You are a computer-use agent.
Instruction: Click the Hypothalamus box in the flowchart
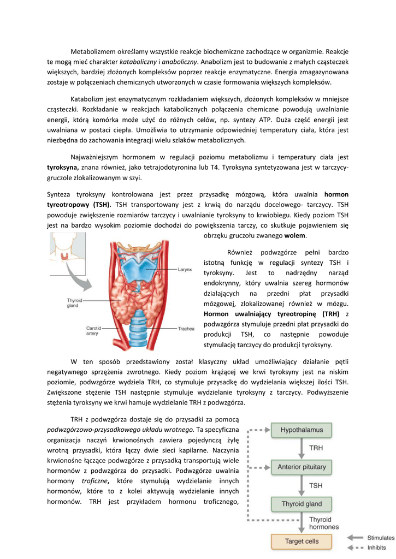click(302, 430)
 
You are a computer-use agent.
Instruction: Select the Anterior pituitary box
click(302, 467)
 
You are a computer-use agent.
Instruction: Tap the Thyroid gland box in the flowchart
click(302, 504)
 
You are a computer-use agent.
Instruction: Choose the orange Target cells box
click(302, 542)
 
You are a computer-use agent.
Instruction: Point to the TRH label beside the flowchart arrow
click(317, 448)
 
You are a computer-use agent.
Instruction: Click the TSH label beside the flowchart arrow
click(317, 485)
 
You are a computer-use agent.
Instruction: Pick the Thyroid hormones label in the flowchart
click(324, 524)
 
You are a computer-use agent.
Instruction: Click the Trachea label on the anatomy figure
click(186, 329)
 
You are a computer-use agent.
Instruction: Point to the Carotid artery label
click(93, 331)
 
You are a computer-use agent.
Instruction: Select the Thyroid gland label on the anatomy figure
click(74, 303)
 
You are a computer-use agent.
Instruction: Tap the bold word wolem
click(295, 235)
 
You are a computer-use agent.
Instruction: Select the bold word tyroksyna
click(63, 167)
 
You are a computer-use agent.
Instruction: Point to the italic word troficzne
click(94, 480)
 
